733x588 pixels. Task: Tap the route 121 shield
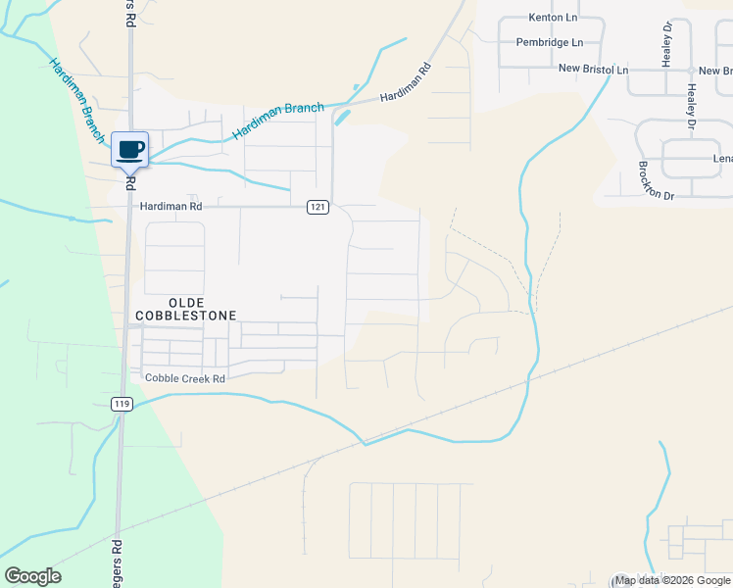pos(317,207)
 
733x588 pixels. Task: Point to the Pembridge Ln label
pos(550,43)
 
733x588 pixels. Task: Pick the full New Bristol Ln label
pos(593,70)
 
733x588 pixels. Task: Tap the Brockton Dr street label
pos(657,181)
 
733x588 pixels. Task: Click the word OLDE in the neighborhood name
pos(190,304)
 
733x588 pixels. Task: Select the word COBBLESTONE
pos(190,317)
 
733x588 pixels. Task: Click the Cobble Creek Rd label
pos(185,378)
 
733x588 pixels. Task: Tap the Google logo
pos(33,576)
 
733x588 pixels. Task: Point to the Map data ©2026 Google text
pos(671,581)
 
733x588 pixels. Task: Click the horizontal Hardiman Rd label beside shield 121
pos(171,207)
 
